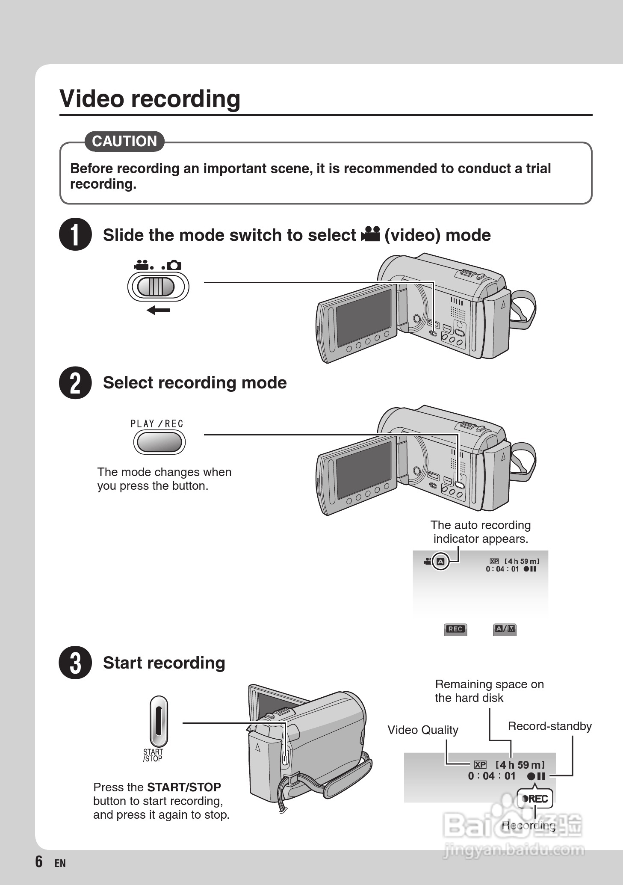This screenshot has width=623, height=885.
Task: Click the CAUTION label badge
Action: tap(124, 141)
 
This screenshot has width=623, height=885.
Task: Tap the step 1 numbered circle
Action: tap(75, 234)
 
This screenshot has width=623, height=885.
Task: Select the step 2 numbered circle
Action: tap(75, 383)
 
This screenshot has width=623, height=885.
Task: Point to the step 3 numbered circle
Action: tap(75, 663)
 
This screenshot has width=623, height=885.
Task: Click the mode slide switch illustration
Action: tap(158, 287)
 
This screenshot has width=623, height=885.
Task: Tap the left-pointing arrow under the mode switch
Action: tap(158, 310)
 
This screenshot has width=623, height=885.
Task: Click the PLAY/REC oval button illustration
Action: tap(159, 442)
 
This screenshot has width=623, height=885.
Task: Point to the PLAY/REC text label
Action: tap(157, 424)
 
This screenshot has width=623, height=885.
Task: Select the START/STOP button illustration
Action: tap(159, 722)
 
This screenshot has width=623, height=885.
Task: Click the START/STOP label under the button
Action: tap(153, 755)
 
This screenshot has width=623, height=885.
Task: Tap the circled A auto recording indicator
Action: tap(441, 562)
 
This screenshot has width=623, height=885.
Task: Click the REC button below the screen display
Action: tap(455, 629)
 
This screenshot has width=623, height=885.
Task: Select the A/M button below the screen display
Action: tap(505, 629)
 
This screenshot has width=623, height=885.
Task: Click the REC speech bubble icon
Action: tap(535, 799)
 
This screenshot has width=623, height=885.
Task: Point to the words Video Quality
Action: tap(422, 730)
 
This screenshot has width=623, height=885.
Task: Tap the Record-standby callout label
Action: tap(549, 726)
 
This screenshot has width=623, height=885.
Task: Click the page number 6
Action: tap(39, 861)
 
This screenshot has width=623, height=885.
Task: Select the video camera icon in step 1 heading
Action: tap(370, 234)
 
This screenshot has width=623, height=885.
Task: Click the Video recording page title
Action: tap(150, 99)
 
